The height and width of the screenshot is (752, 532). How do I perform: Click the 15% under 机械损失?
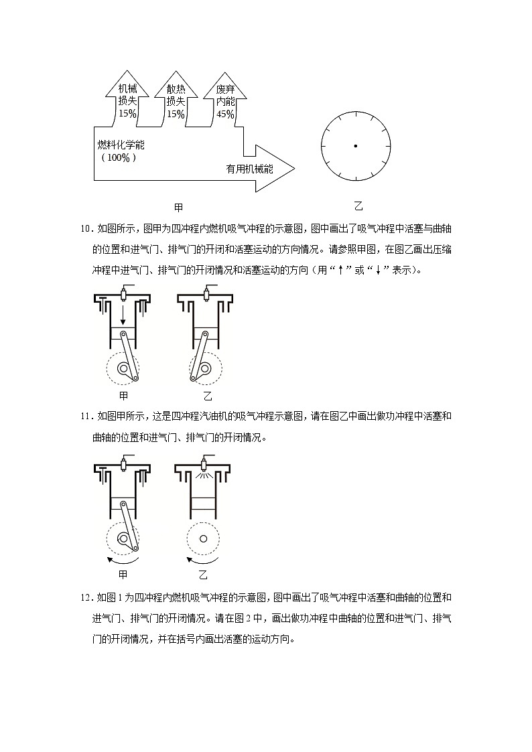coord(127,114)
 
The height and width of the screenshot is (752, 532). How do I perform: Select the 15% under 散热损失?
coord(176,114)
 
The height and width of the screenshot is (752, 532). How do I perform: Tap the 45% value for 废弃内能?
coord(225,114)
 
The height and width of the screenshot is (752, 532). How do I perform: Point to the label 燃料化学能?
coord(121,145)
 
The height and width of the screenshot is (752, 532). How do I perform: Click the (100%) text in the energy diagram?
coord(119,158)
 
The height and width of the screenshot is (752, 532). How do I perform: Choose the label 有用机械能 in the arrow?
coord(249,169)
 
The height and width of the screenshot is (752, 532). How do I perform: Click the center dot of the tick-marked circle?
coord(355,146)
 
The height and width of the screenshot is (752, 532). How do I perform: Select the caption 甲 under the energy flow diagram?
coord(178,208)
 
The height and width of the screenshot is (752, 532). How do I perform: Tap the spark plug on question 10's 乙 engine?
coord(206,293)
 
